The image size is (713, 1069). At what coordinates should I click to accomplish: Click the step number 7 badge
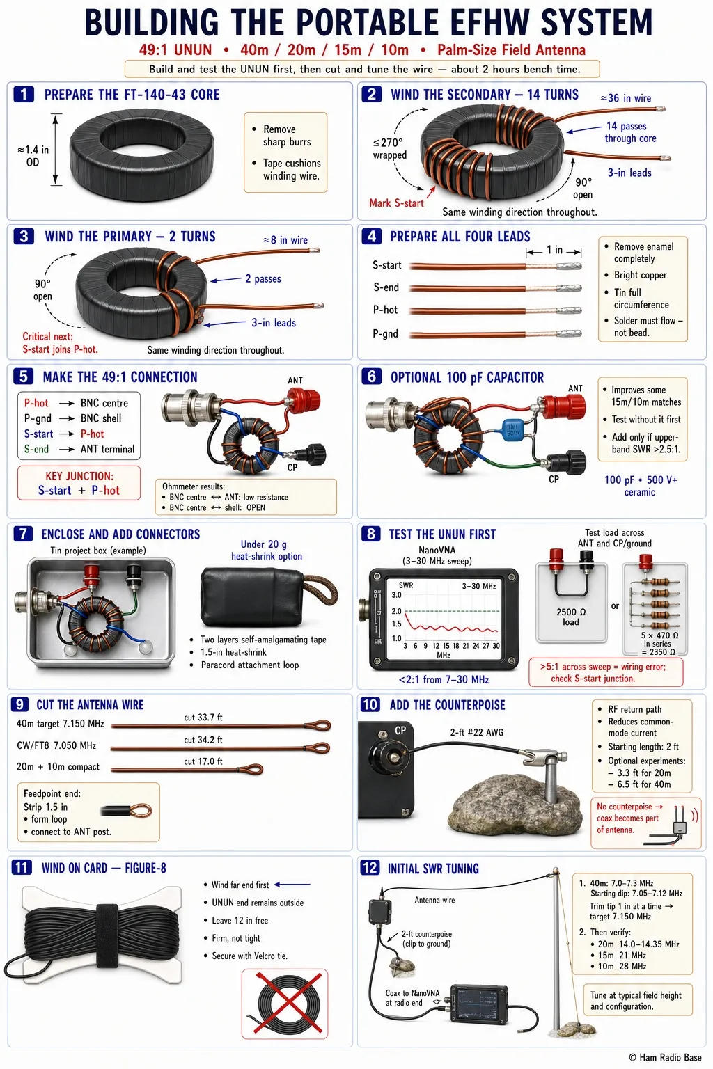[23, 534]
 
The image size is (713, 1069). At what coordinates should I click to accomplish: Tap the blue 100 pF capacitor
[512, 429]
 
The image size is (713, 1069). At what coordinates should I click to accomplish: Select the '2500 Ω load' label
[571, 617]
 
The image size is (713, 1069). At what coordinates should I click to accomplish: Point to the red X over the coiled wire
[285, 1004]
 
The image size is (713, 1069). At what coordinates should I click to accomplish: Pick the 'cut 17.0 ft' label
[203, 761]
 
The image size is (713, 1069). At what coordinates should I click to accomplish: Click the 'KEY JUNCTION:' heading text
[79, 476]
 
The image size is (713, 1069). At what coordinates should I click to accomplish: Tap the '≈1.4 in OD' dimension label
[33, 156]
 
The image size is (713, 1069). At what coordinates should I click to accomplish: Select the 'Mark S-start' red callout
[396, 203]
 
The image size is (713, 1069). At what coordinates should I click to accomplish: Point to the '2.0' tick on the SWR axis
[396, 611]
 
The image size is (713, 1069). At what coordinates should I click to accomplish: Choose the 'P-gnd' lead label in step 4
[385, 333]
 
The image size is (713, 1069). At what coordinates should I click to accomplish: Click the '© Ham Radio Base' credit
[665, 1057]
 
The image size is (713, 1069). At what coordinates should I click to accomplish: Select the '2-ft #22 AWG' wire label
[476, 732]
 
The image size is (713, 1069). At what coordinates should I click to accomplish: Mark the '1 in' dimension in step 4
[554, 250]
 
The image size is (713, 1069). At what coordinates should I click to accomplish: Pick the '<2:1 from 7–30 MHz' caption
[444, 679]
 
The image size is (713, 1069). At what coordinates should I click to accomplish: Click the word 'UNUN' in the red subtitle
[192, 49]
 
